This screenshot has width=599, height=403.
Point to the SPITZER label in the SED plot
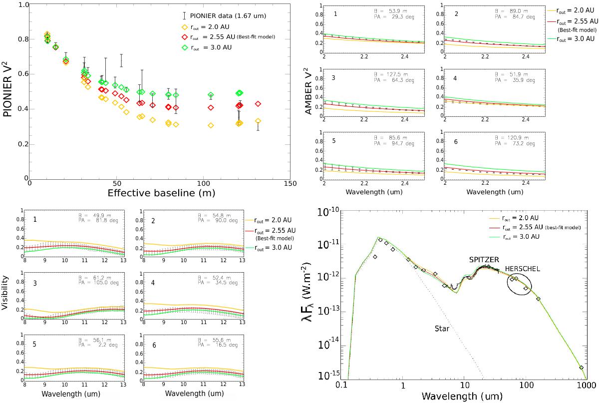point(484,261)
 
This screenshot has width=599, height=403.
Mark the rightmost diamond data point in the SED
point(581,367)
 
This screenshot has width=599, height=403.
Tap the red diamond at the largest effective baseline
point(258,104)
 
